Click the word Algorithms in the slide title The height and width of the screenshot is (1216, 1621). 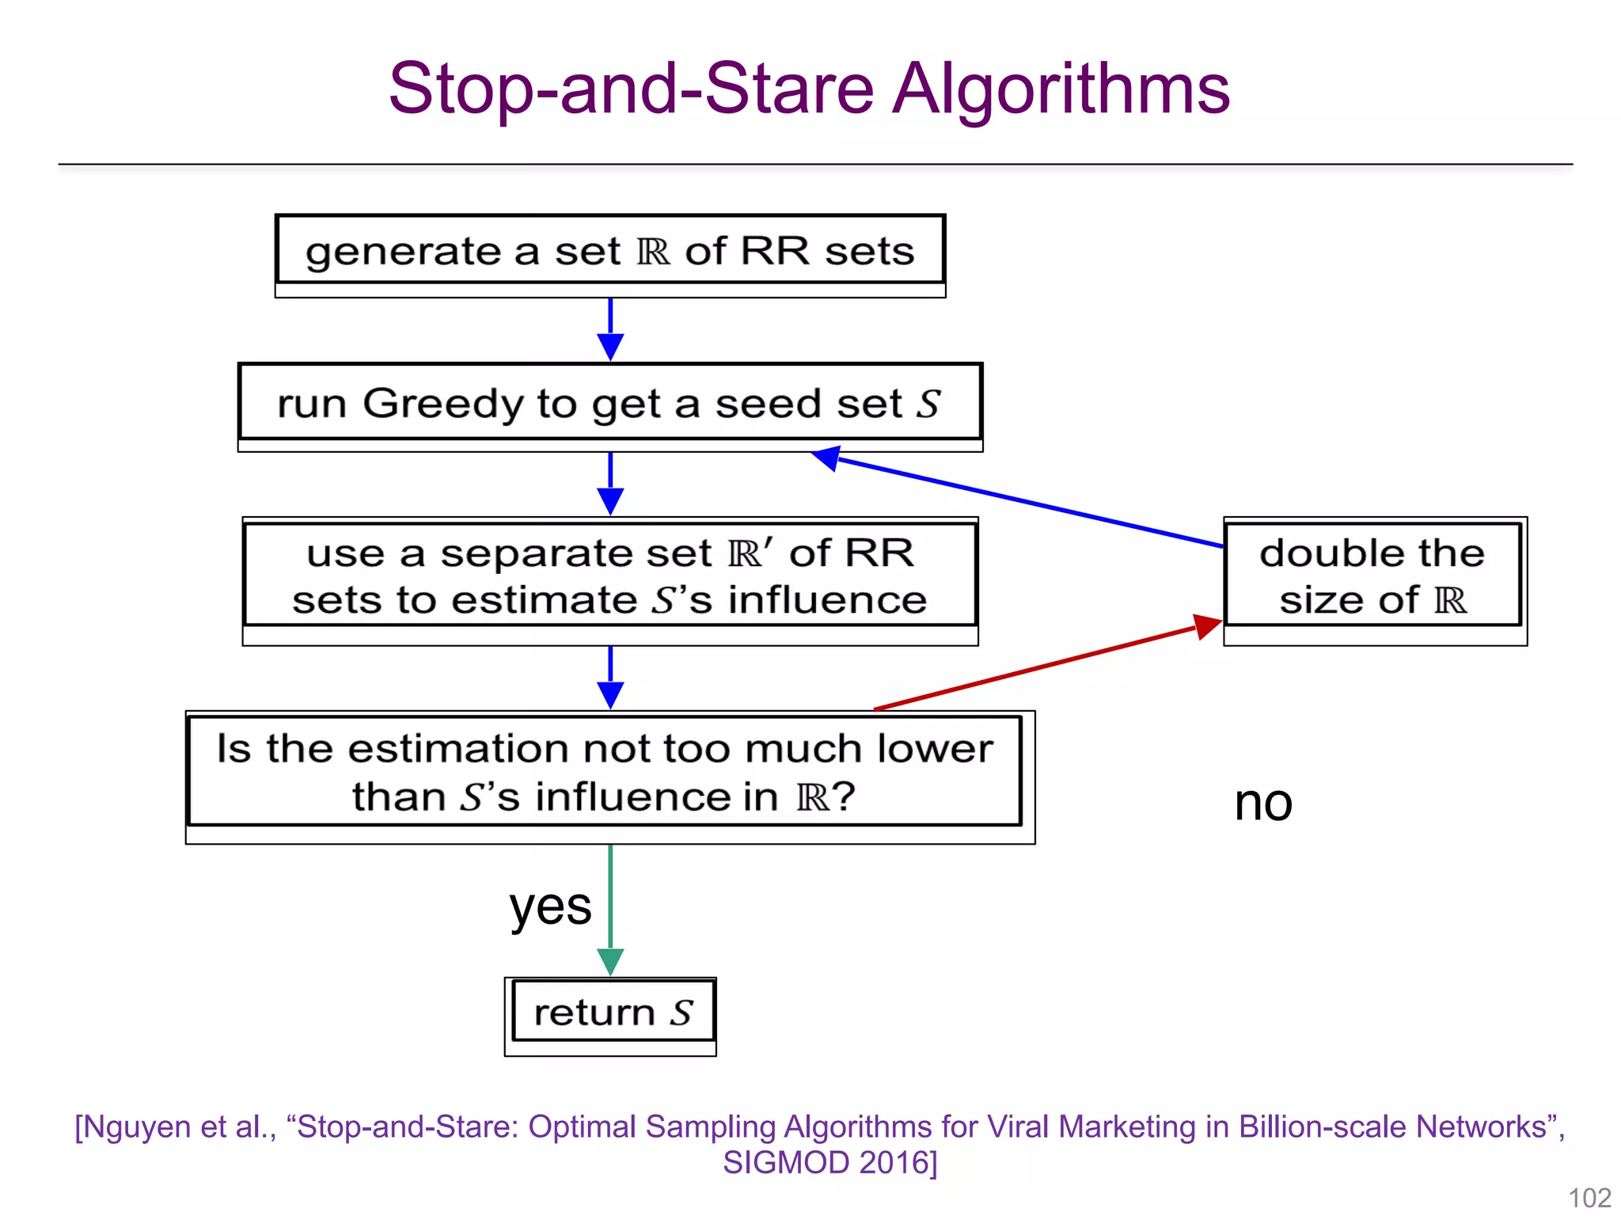click(x=1061, y=89)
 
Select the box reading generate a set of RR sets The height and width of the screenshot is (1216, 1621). click(x=609, y=252)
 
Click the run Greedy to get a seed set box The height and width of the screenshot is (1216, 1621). click(x=609, y=404)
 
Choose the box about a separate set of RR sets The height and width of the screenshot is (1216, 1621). click(x=609, y=576)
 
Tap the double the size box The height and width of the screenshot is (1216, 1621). click(x=1373, y=576)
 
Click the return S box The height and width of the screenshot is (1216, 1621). click(x=611, y=1013)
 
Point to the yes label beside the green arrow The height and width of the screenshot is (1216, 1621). click(x=550, y=906)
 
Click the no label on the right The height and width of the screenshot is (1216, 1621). click(x=1263, y=803)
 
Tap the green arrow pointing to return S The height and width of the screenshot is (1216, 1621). click(x=610, y=910)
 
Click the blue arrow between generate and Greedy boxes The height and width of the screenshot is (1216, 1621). click(x=610, y=329)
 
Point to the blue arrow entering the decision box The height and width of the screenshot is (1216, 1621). click(x=610, y=677)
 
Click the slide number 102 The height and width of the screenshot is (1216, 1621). click(x=1589, y=1198)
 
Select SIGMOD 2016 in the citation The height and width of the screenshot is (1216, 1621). click(x=829, y=1162)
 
